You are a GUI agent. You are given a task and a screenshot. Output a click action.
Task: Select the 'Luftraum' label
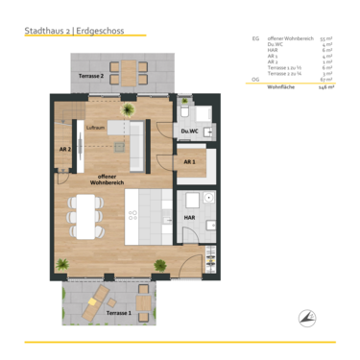96,127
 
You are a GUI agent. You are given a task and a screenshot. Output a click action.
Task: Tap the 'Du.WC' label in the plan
190,131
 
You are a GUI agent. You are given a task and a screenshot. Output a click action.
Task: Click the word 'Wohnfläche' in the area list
280,86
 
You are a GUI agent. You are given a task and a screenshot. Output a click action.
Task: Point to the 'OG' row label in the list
255,80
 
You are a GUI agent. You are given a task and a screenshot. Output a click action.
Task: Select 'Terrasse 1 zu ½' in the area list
285,68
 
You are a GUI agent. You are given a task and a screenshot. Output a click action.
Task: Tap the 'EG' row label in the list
255,39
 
